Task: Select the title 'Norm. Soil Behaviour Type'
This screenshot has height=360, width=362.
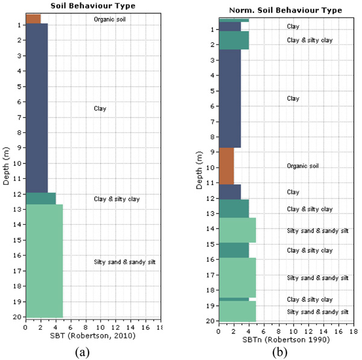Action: coord(285,10)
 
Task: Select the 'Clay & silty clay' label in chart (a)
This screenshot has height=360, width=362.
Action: coord(116,199)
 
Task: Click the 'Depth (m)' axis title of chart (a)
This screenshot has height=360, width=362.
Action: coord(6,166)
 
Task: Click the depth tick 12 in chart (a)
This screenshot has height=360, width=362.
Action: coord(18,194)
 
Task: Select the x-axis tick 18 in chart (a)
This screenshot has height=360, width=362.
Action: coord(159,327)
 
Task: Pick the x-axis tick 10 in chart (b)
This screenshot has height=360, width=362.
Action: coord(293,331)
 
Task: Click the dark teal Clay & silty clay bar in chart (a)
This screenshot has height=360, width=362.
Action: coord(40,198)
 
